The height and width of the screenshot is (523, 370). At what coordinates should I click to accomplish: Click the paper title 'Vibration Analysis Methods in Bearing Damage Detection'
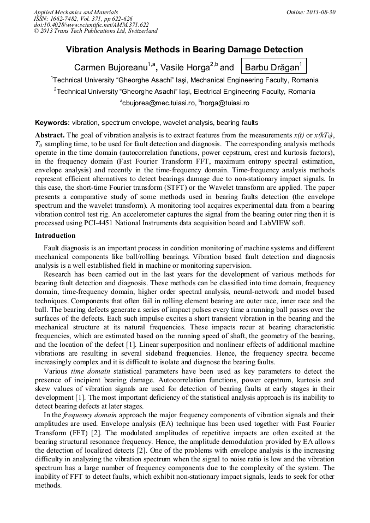point(184,50)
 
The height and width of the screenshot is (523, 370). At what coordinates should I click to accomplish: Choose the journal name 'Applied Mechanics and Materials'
point(76,12)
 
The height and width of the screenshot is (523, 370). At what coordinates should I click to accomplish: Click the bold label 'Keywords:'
point(52,123)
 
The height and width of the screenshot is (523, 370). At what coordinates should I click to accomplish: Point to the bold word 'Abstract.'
point(50,135)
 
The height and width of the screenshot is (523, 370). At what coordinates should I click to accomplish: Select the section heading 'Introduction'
point(55,236)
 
